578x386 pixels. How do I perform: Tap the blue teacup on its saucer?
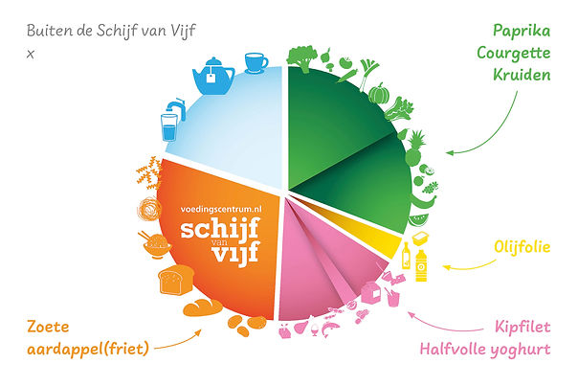pos(256,62)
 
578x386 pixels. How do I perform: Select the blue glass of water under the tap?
pos(169,124)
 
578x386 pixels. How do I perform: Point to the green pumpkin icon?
pos(377,95)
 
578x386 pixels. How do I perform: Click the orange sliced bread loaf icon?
pos(173,281)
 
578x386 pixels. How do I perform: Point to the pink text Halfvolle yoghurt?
pos(486,349)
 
